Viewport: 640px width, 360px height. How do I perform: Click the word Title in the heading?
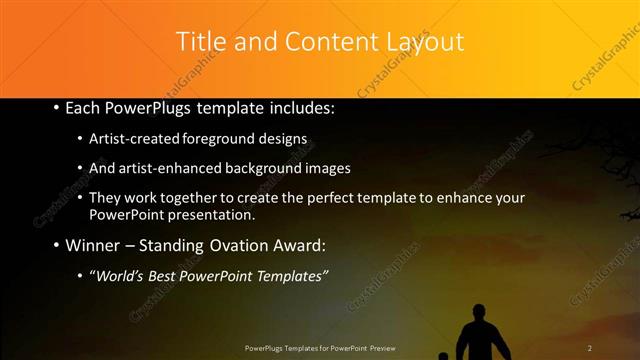[x=200, y=42]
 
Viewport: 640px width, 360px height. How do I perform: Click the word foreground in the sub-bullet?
[x=228, y=139]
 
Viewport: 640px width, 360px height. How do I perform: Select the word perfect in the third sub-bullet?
[x=336, y=198]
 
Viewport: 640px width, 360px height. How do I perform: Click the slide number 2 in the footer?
[x=590, y=348]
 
